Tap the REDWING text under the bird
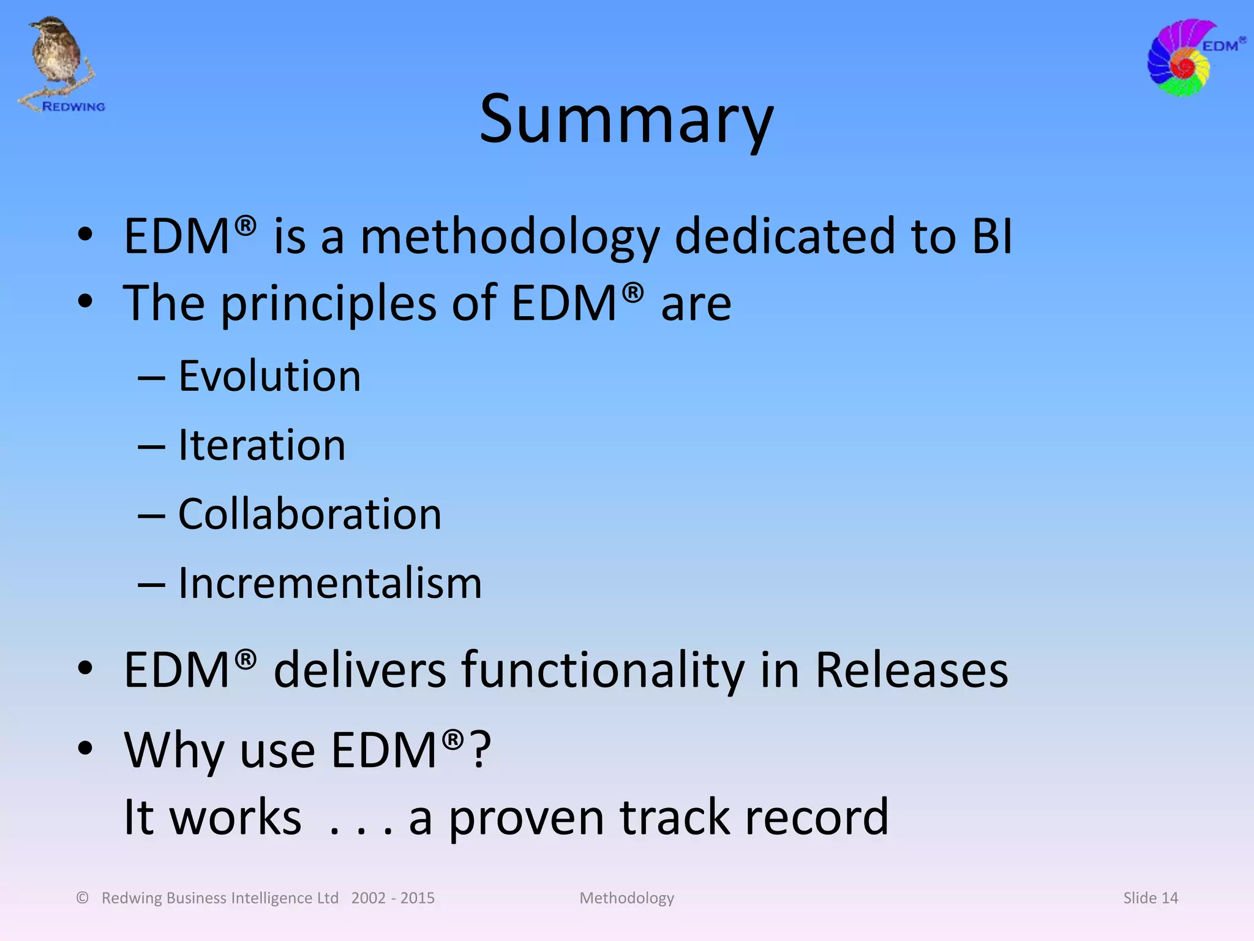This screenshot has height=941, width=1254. (73, 107)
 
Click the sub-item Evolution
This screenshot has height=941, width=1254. (269, 376)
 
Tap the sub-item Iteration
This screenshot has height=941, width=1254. (261, 445)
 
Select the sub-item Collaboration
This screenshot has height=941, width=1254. (309, 515)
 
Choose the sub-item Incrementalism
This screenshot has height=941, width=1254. (329, 583)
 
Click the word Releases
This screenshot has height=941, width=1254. (911, 670)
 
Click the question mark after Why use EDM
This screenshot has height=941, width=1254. (481, 750)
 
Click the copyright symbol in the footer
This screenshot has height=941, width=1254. (83, 898)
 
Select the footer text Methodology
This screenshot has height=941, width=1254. (626, 899)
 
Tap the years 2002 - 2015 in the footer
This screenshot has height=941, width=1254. (392, 898)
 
